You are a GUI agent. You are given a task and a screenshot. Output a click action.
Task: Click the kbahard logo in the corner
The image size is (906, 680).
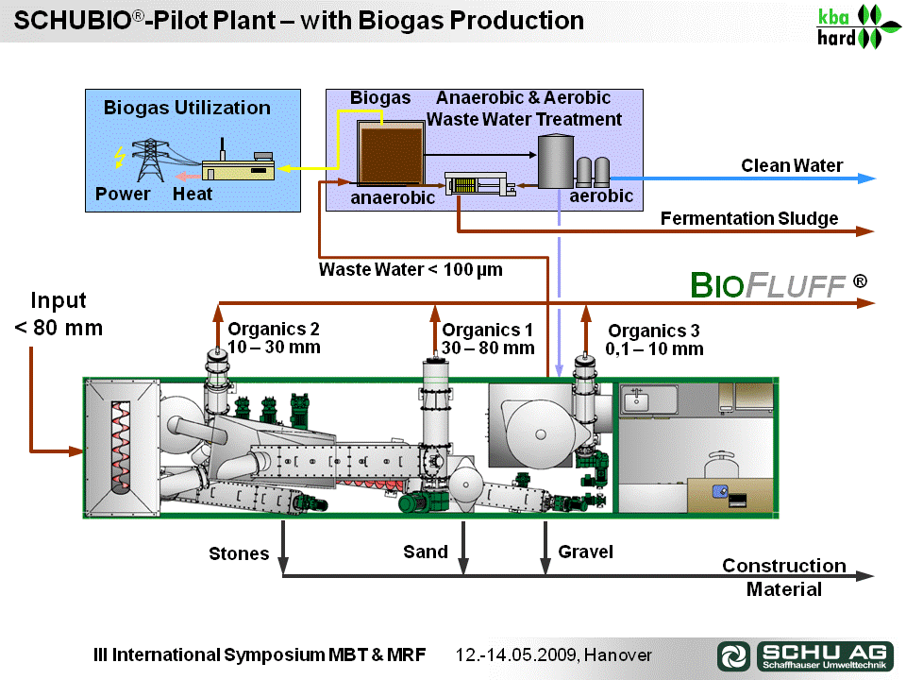[858, 26]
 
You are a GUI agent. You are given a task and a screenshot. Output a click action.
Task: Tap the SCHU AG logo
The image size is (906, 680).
[805, 655]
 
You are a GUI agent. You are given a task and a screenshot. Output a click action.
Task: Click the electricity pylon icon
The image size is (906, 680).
[150, 160]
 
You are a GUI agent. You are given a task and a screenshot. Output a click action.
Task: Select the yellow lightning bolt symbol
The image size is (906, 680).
[120, 157]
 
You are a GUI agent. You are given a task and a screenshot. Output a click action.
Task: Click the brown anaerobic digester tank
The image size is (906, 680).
[391, 153]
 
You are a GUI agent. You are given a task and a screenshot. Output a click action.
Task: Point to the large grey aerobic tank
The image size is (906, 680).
[556, 161]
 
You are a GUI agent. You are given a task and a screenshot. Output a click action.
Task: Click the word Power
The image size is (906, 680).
[123, 195]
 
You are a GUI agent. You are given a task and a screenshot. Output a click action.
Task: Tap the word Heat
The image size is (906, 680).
[193, 195]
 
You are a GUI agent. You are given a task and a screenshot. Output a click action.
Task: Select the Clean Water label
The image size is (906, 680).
[792, 166]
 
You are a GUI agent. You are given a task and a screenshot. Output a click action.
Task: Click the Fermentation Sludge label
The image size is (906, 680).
[749, 218]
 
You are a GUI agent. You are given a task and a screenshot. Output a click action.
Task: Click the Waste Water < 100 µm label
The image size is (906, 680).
[411, 269]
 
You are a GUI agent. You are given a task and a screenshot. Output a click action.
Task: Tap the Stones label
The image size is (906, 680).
[239, 554]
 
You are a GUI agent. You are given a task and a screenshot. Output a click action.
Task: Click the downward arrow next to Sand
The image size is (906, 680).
[462, 548]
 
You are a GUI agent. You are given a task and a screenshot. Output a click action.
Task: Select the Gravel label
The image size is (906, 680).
[585, 552]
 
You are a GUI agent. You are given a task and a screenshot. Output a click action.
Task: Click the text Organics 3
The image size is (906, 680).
[653, 331]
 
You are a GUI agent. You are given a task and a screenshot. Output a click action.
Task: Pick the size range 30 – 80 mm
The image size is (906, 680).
[488, 348]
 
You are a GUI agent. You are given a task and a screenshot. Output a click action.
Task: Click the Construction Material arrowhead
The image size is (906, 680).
[865, 576]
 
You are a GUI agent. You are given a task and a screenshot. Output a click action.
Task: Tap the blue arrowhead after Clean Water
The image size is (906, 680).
[866, 178]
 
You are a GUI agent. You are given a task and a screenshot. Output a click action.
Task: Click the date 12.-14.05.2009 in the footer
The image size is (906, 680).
[516, 655]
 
